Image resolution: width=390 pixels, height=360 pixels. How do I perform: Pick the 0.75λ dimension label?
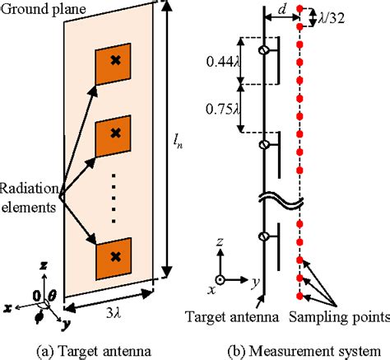[x=221, y=107]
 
